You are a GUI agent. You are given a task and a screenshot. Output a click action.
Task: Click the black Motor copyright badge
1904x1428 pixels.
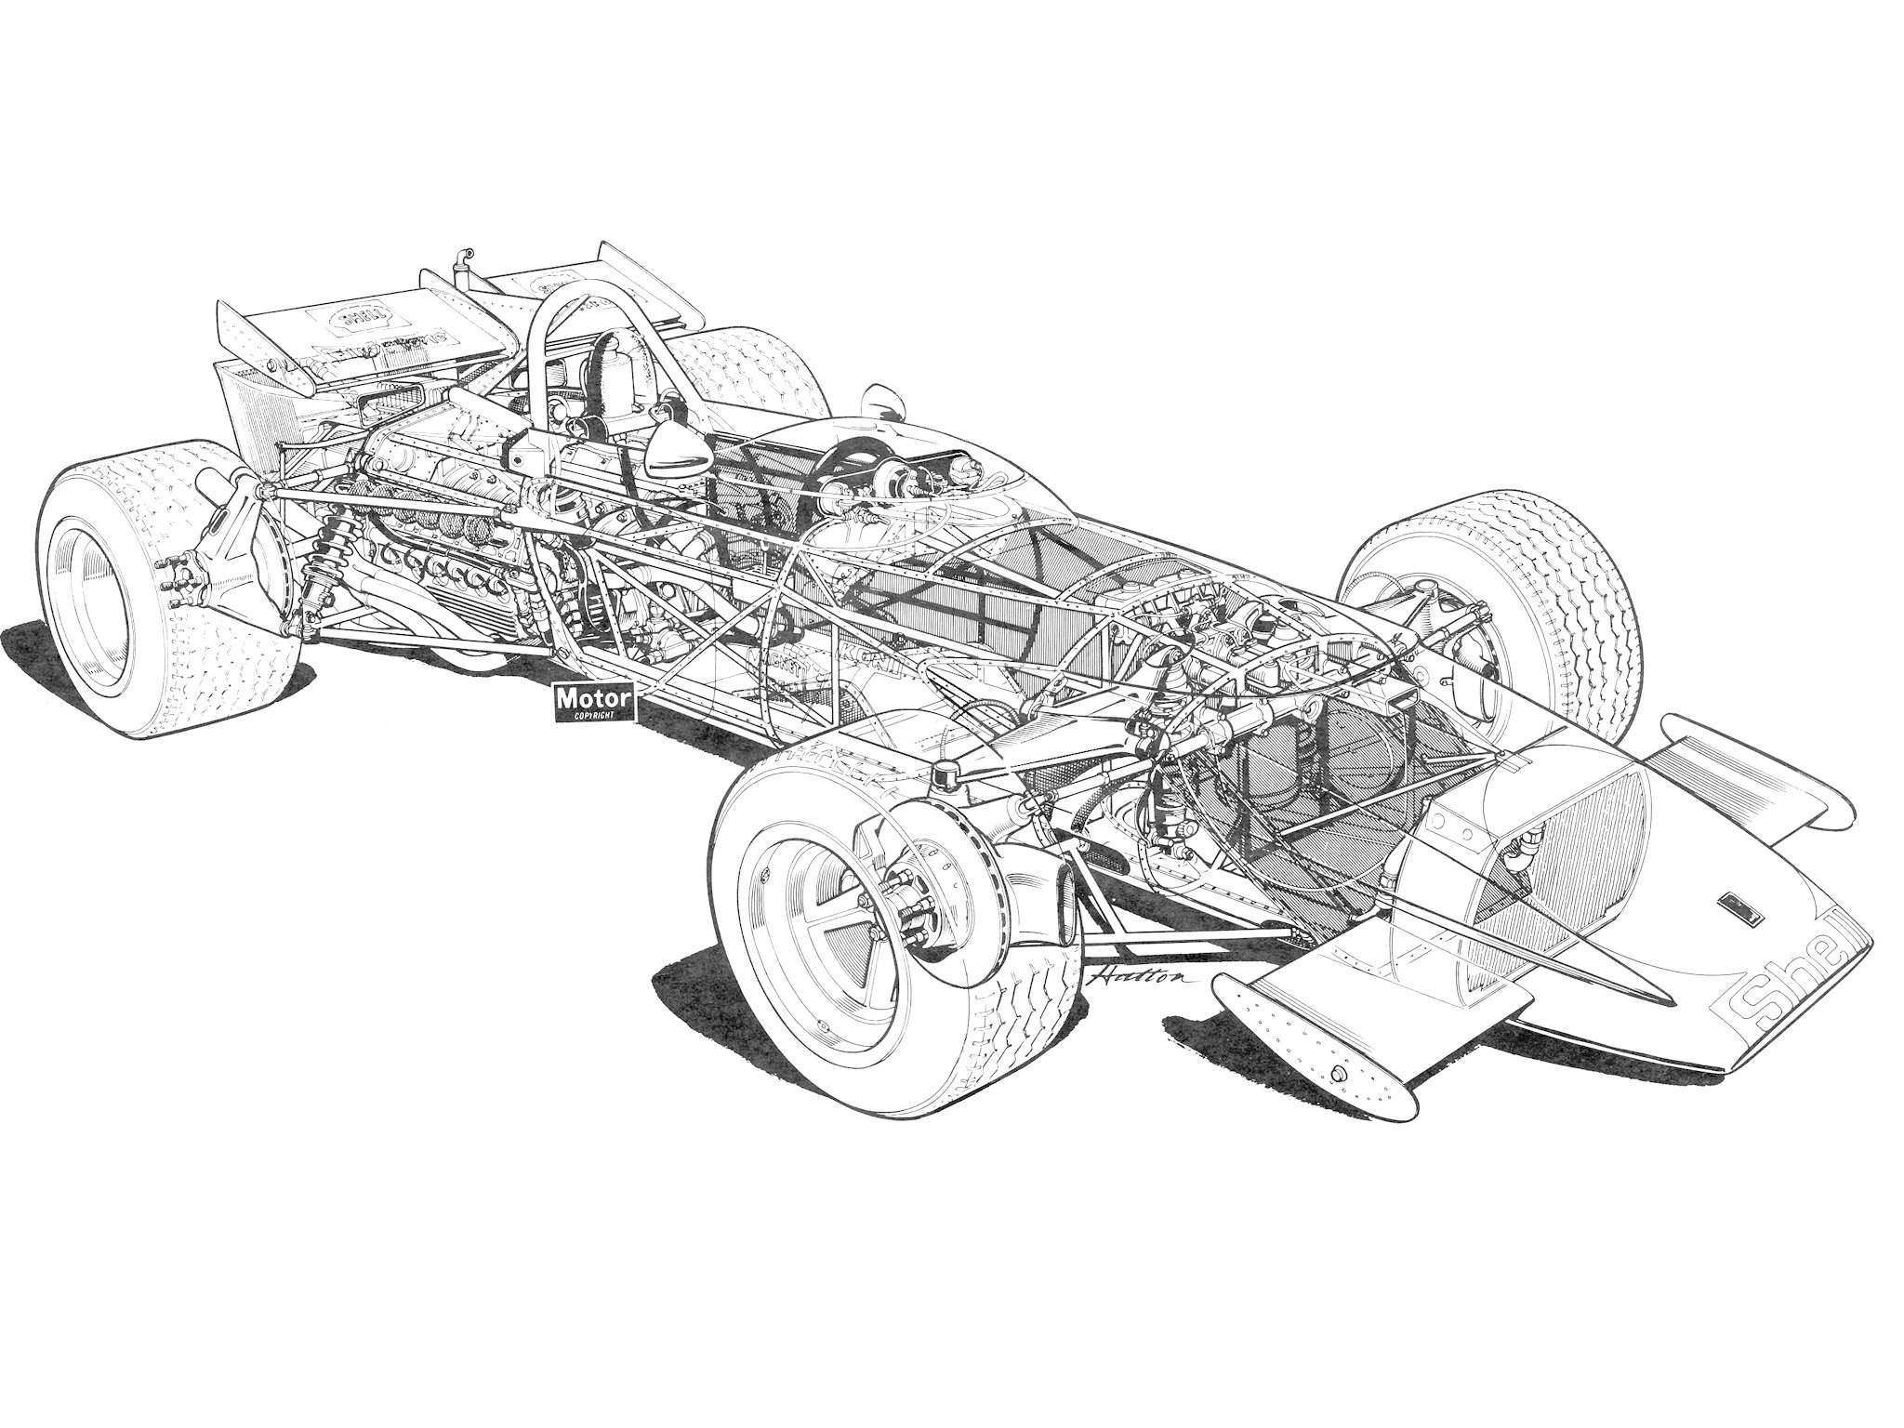point(593,702)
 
